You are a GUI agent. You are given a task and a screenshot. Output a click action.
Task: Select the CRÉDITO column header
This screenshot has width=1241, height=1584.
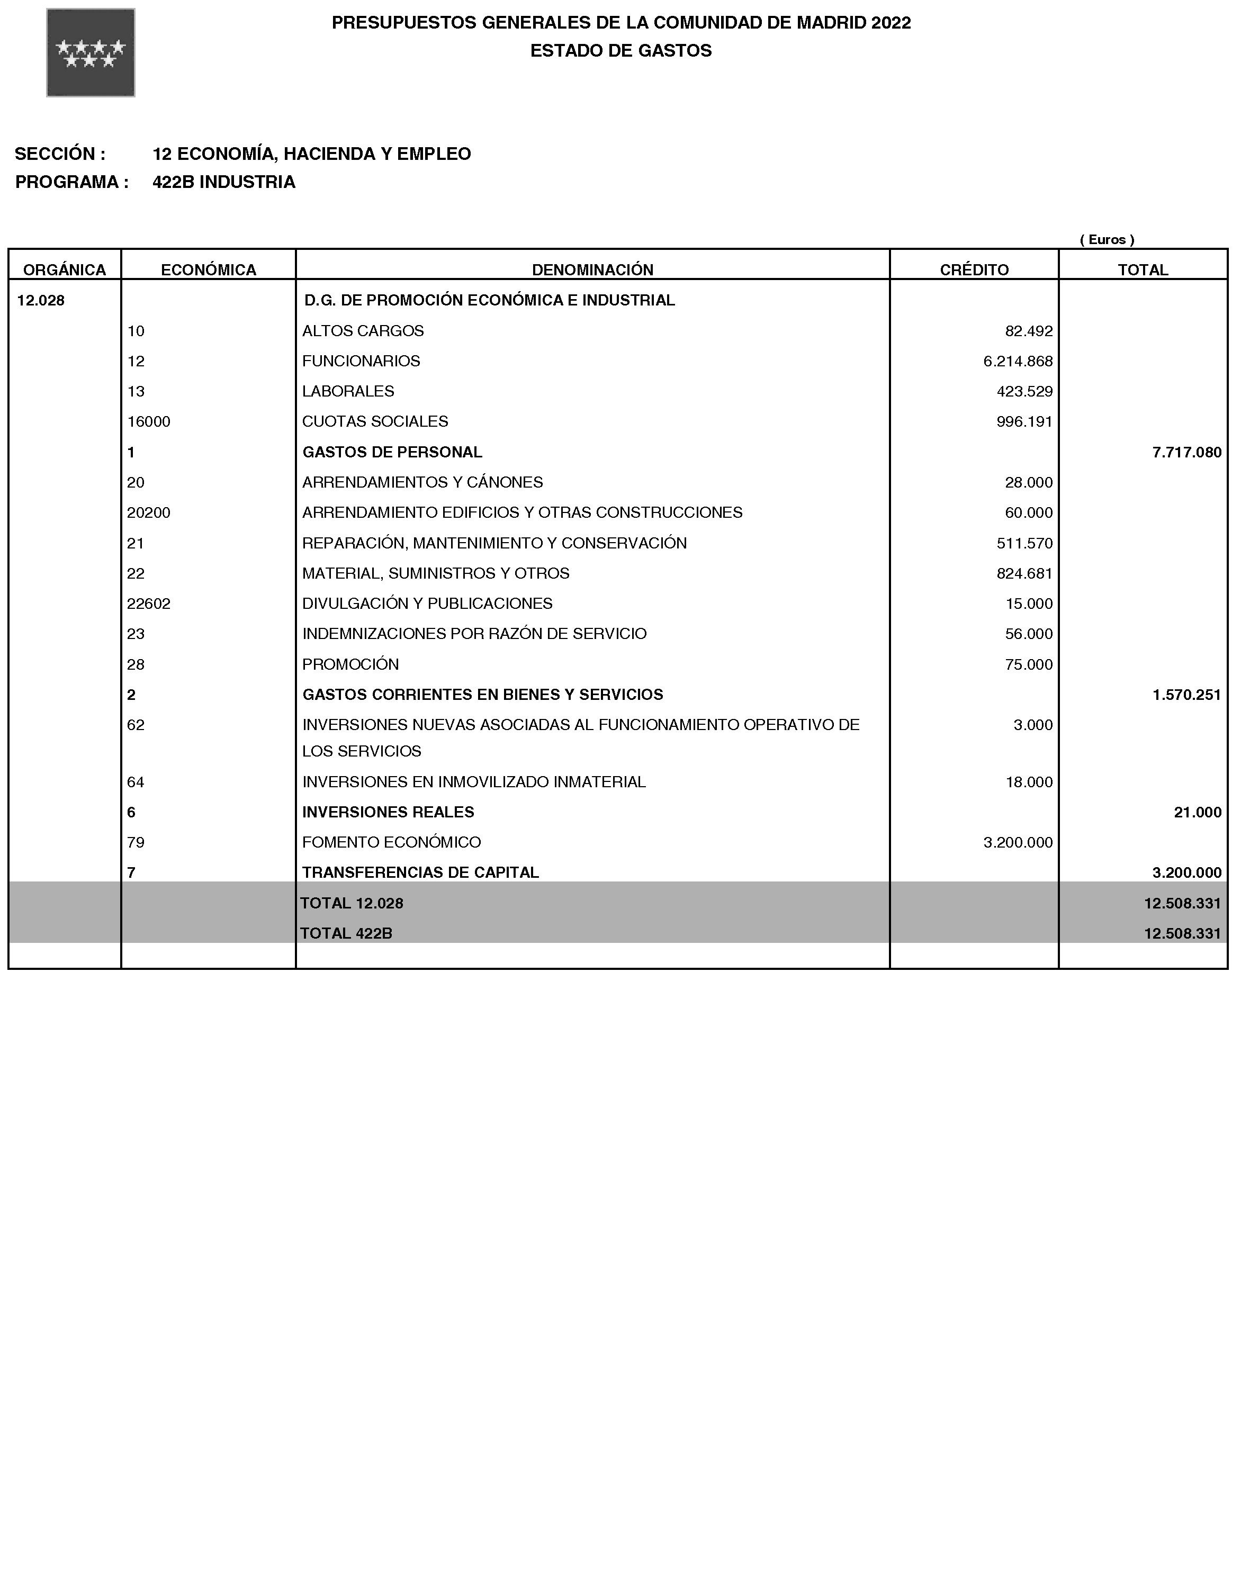pos(974,269)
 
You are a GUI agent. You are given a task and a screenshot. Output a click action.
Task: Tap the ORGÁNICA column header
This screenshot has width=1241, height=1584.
pos(65,269)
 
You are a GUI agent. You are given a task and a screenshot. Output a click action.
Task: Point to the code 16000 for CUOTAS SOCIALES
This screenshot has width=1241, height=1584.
pos(149,421)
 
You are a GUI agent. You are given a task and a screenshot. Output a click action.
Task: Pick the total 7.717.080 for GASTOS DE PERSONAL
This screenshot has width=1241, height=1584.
pos(1186,452)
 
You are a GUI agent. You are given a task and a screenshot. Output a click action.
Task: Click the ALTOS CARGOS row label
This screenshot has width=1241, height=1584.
pos(363,330)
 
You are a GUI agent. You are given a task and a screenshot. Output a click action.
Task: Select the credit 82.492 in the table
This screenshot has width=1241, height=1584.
pos(1028,330)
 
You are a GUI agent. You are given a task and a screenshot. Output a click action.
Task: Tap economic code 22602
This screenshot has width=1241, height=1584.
pos(149,603)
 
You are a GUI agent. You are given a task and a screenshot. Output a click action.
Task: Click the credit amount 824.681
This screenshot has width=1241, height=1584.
pos(1024,573)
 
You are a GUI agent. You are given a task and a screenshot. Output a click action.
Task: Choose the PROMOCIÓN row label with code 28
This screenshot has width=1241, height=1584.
pos(350,664)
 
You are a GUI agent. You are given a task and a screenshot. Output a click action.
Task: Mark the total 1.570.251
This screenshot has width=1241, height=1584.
pos(1186,695)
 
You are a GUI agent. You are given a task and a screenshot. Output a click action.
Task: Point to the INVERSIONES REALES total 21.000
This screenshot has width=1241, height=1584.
pos(1198,812)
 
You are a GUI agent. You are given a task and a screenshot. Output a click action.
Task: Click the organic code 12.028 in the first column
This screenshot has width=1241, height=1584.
pos(41,300)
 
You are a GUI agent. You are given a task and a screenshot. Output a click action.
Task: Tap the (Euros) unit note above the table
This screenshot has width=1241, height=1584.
pos(1107,239)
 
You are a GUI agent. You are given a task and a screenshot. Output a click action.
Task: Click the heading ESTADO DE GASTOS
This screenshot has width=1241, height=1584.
pos(620,50)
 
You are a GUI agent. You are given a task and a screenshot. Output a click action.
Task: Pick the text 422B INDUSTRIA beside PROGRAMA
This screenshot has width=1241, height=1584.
pos(224,182)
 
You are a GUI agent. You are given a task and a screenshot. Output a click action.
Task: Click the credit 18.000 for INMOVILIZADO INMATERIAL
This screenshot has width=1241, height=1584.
pos(1028,782)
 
